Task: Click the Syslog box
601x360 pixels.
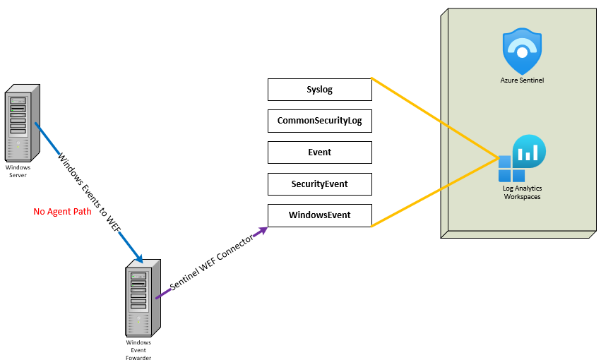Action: click(x=319, y=90)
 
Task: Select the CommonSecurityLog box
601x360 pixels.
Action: click(x=319, y=121)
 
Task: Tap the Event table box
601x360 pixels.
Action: click(x=319, y=152)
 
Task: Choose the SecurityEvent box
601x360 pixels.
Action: click(x=319, y=184)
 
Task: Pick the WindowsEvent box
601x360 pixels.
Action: click(x=319, y=215)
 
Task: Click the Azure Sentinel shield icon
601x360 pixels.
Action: click(x=522, y=52)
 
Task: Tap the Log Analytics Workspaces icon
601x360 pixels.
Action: click(x=522, y=160)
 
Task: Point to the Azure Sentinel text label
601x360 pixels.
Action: click(x=522, y=80)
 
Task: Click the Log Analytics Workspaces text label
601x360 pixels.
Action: click(x=522, y=192)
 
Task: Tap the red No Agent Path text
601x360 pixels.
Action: click(x=62, y=211)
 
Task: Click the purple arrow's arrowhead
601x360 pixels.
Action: click(x=263, y=229)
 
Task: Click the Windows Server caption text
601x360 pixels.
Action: click(x=18, y=171)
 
